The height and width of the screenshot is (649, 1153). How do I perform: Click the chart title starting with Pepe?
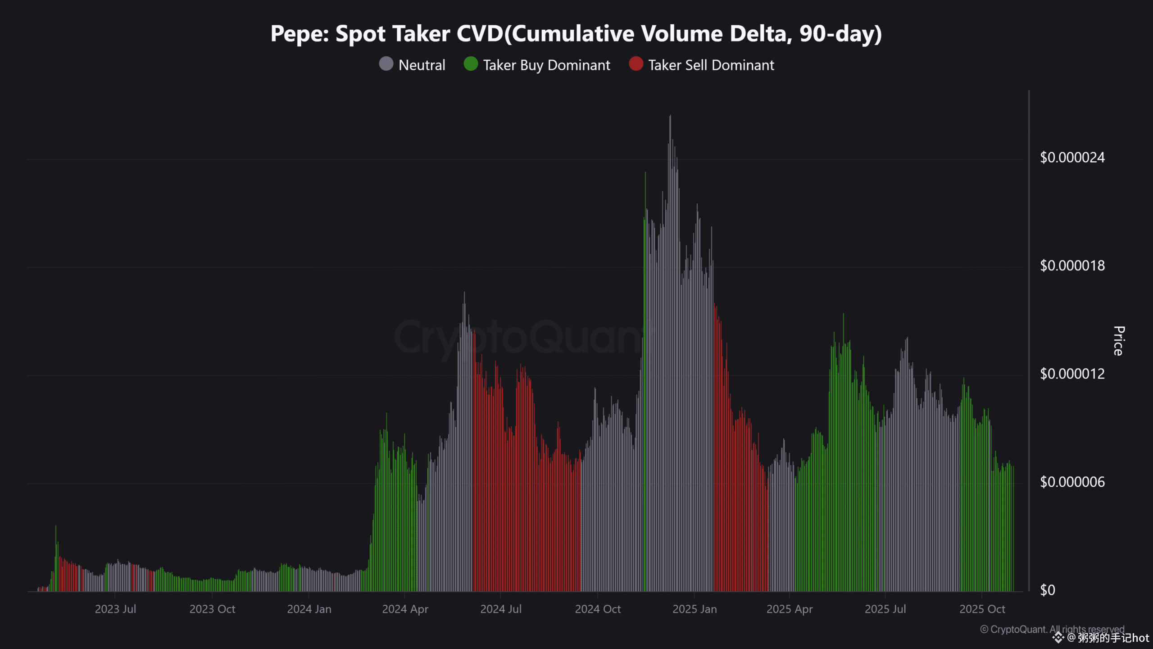point(576,34)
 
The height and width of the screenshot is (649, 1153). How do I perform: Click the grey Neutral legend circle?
point(386,64)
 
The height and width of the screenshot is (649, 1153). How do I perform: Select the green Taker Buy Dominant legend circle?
point(471,64)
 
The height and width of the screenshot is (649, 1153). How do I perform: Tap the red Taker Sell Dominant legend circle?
point(636,64)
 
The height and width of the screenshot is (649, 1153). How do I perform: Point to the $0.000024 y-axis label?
point(1072,158)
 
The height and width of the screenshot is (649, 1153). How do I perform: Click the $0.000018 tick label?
point(1072,266)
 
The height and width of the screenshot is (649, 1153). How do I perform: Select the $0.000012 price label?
point(1072,374)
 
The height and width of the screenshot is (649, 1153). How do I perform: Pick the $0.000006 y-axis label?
point(1072,482)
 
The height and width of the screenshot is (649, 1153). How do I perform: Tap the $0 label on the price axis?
point(1048,590)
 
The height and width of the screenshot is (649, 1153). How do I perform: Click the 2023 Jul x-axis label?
point(115,609)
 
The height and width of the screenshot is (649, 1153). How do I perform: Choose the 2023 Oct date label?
point(212,609)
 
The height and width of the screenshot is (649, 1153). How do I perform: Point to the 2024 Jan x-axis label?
point(309,609)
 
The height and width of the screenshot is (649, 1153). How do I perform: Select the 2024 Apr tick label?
point(405,609)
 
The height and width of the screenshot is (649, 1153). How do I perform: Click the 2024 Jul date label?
point(501,609)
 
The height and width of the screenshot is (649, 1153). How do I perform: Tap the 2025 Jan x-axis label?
point(695,609)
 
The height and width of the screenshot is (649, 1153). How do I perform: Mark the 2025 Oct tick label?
point(982,609)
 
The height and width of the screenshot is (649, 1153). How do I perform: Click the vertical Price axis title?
point(1118,341)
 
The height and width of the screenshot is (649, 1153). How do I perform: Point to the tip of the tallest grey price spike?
point(670,116)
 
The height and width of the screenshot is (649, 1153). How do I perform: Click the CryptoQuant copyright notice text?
point(1052,629)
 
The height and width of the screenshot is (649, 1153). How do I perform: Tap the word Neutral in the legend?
point(422,65)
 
